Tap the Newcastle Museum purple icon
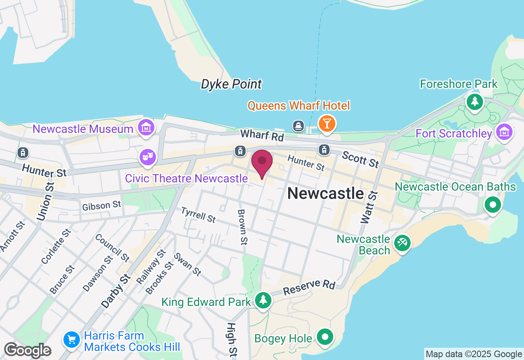(146, 127)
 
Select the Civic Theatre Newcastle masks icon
(147, 157)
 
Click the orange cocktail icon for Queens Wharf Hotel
(327, 123)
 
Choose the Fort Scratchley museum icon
(504, 132)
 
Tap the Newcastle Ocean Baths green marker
(492, 204)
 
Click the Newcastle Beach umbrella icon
(402, 243)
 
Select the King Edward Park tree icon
(263, 300)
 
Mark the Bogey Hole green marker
(325, 337)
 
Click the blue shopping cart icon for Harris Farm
(72, 340)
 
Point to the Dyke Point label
(231, 84)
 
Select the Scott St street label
(361, 159)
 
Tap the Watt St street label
(367, 207)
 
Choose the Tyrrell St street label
(199, 215)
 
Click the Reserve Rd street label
(309, 287)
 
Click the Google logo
(27, 351)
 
